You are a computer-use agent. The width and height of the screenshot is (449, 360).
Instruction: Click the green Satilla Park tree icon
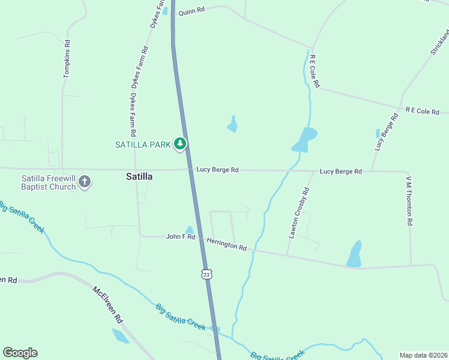point(180,143)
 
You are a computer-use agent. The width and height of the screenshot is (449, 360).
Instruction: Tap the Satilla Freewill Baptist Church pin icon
point(85,181)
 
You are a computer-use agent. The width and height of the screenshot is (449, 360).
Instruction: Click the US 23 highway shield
point(206,274)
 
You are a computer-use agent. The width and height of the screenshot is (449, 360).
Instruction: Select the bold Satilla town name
point(139,176)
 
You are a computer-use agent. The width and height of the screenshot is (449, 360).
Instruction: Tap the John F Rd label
point(181,237)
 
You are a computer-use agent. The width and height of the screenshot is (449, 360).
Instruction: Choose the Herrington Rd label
point(226,244)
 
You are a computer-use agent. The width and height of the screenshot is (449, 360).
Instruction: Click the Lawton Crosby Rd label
point(298,214)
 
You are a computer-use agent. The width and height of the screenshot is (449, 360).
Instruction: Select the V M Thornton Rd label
point(409,200)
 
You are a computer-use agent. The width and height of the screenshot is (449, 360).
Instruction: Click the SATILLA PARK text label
point(143,144)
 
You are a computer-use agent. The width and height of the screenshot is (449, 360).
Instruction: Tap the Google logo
point(20,353)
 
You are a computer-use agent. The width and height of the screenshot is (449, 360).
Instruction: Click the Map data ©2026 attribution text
point(423,355)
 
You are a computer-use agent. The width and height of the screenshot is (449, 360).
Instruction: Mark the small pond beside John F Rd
point(190,229)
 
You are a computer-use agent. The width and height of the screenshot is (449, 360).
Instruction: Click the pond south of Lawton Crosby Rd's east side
point(355,254)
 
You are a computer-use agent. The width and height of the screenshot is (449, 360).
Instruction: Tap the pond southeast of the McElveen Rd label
point(120,336)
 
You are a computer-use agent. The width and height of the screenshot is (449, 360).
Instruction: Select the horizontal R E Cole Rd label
point(423,111)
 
